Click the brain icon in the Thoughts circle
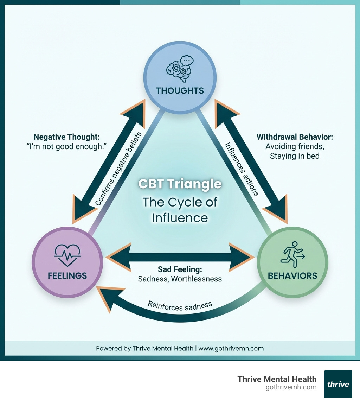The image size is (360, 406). coord(180,66)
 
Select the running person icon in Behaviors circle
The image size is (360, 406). coord(292,252)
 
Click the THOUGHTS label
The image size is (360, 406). coord(180,91)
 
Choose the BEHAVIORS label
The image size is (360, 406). coord(292,275)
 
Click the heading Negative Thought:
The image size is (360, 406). coord(66,137)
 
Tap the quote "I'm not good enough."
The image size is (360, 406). coord(66,147)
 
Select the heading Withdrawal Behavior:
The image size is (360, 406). coord(295,137)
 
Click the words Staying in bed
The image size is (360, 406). coord(295,156)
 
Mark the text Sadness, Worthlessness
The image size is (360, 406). coord(180,279)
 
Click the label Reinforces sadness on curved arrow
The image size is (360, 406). coord(180,306)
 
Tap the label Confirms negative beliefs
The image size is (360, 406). coord(118,169)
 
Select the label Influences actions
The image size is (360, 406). coord(242,169)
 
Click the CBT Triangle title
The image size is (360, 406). coord(180,184)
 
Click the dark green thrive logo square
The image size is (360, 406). coord(338,384)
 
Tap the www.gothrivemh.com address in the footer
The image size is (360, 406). coord(231,349)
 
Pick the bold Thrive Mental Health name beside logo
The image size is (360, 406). coord(277,379)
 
